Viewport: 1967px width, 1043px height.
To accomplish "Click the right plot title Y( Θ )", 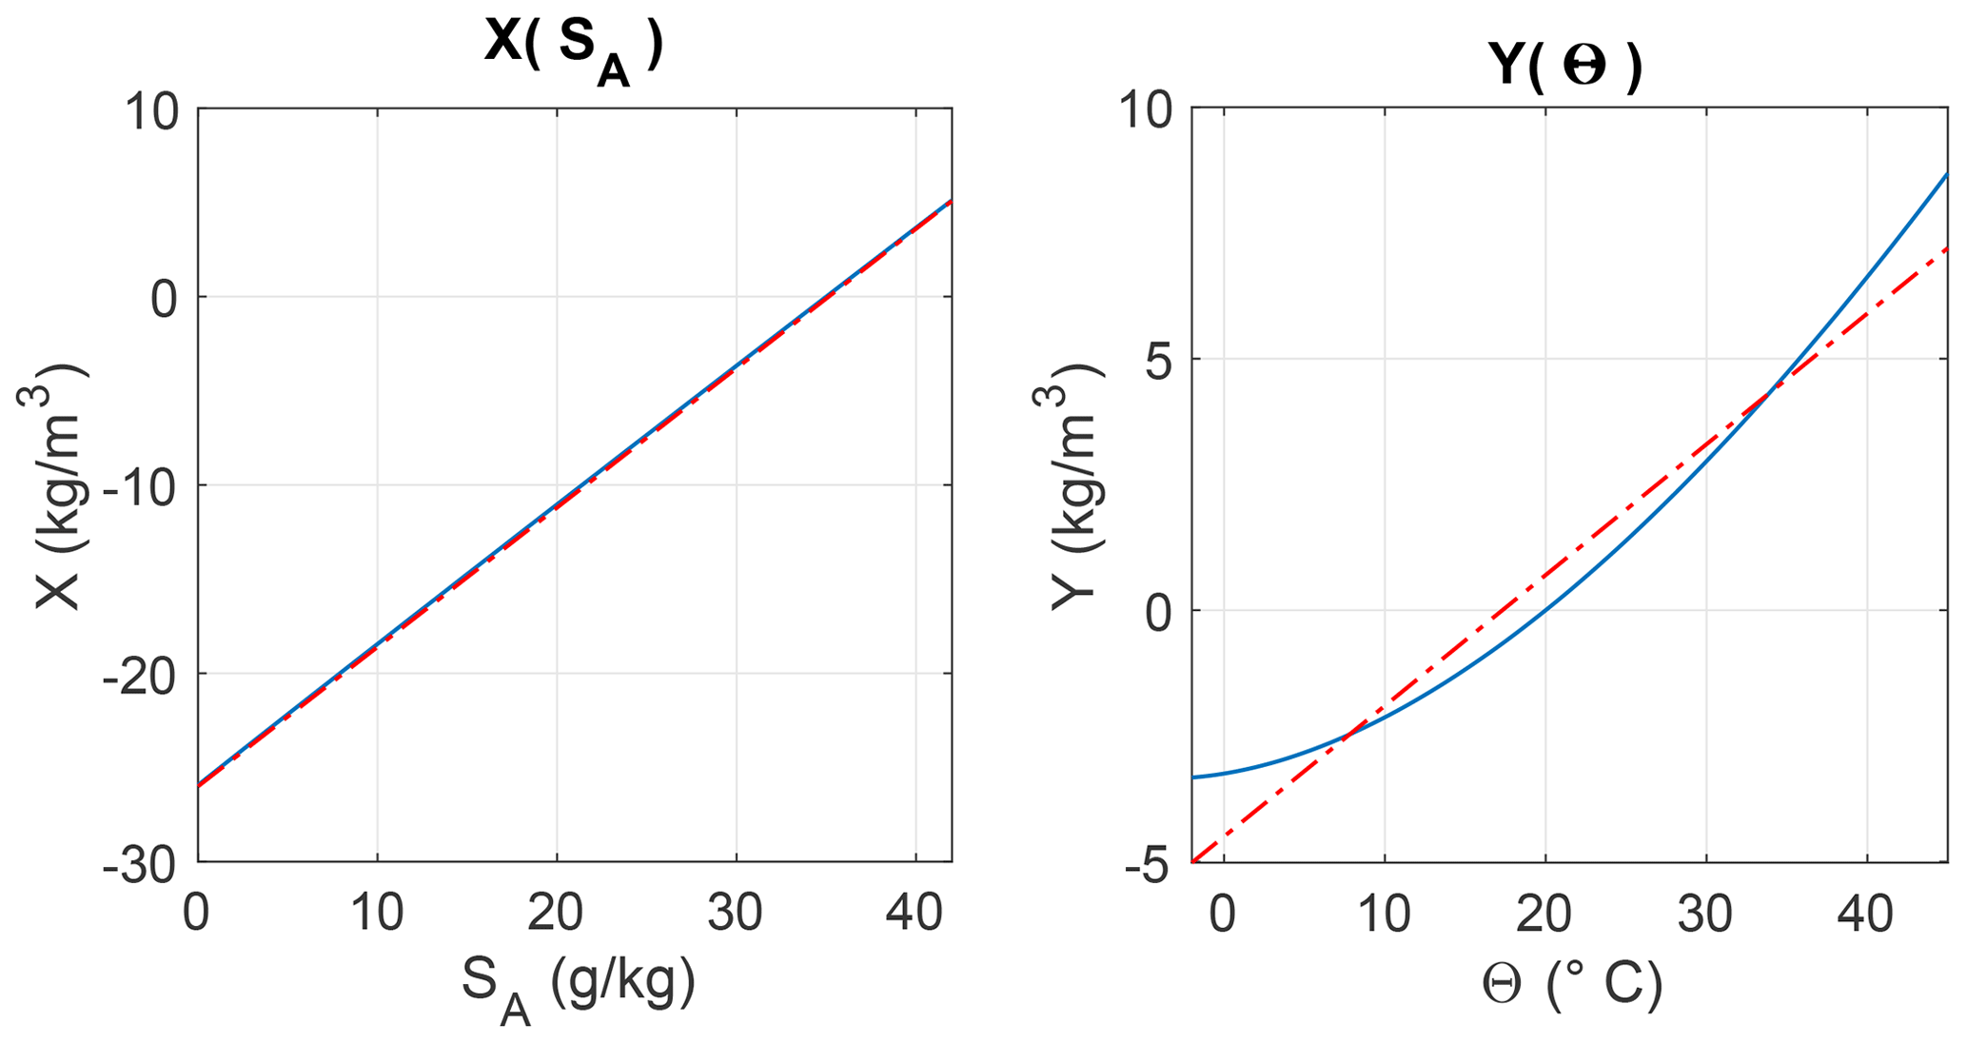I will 1564,67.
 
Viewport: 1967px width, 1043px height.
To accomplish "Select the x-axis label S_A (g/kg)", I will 578,987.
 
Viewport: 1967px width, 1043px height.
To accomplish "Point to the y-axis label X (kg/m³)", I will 57,485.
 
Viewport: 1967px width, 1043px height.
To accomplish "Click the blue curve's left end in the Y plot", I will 1193,777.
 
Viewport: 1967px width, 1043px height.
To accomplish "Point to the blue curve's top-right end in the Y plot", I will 1946,174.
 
